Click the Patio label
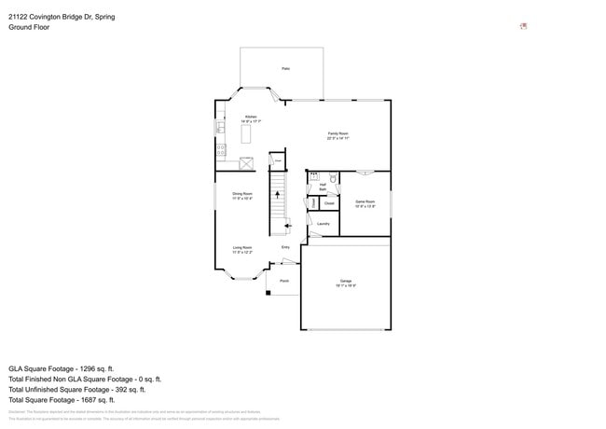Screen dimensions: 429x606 click(x=285, y=68)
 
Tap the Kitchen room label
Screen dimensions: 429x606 click(x=251, y=118)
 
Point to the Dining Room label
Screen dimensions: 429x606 click(x=241, y=195)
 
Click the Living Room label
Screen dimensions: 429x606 click(x=241, y=249)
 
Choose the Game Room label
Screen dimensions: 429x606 click(x=365, y=203)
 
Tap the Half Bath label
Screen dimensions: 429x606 click(x=323, y=187)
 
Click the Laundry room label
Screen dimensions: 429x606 click(x=323, y=224)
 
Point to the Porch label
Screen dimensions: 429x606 click(x=284, y=280)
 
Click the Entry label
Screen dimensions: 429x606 click(x=286, y=247)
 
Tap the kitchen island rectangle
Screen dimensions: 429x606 click(x=246, y=134)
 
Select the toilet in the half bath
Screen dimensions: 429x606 click(x=332, y=176)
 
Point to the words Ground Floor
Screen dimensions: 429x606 click(x=29, y=27)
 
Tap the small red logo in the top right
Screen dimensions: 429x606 click(x=524, y=26)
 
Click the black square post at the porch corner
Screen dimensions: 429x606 click(x=269, y=293)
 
